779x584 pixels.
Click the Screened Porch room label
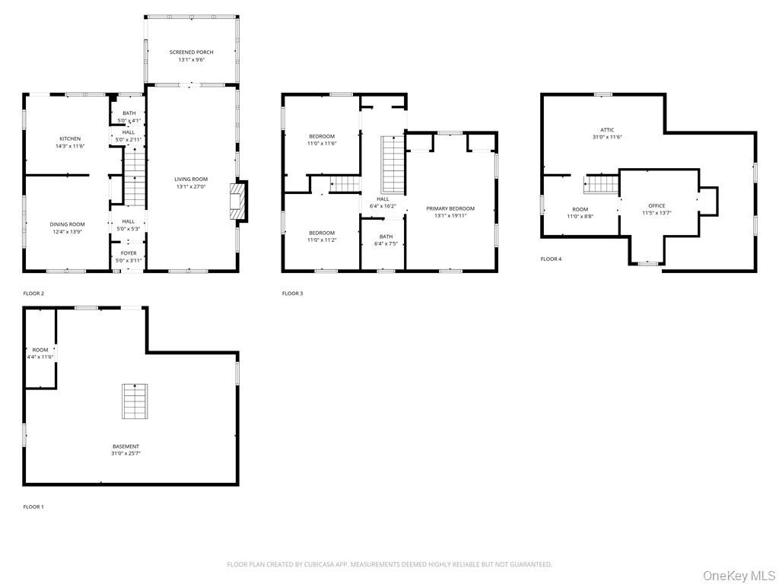[x=191, y=52]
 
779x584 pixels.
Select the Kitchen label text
[x=70, y=139]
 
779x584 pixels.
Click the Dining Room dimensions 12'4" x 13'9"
[x=67, y=231]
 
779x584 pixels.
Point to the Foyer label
[x=129, y=253]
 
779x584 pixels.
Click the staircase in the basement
[x=135, y=401]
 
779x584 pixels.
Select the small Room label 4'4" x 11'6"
[x=40, y=351]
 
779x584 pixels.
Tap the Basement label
[x=126, y=446]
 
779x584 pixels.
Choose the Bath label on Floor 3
[x=386, y=236]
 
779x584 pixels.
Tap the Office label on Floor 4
[x=657, y=206]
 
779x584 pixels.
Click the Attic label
[x=607, y=130]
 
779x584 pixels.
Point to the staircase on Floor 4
[x=601, y=185]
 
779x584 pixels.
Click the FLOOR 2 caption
[x=33, y=293]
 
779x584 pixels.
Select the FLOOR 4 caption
[x=551, y=259]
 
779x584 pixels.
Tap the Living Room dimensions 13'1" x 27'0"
[x=190, y=186]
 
